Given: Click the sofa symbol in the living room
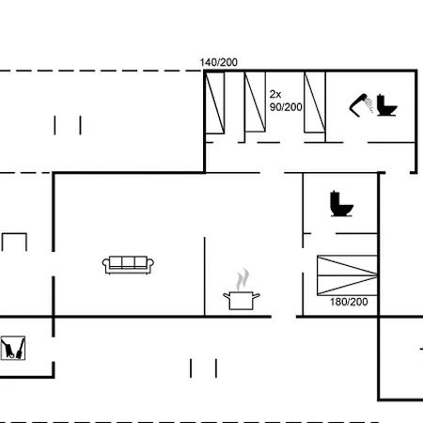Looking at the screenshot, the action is [128, 265].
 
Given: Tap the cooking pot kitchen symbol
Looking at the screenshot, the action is [242, 300].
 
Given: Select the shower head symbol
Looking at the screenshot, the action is [361, 105].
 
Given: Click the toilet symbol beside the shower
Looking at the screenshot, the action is [386, 105].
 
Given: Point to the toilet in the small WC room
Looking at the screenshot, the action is [341, 204].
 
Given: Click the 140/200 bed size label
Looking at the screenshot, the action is [218, 62].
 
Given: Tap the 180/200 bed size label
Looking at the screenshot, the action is [349, 302].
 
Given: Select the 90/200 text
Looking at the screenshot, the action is [286, 107].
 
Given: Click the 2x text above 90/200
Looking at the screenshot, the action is [275, 94].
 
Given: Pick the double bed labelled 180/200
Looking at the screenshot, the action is [347, 275].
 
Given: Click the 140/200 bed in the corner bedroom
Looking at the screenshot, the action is [215, 103].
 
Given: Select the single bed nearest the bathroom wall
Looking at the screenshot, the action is [315, 102].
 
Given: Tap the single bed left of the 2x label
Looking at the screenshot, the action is [255, 102].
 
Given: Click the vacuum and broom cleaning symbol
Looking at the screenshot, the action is [13, 348].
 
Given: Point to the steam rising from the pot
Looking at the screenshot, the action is [243, 279].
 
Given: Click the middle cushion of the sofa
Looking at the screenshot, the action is [128, 262].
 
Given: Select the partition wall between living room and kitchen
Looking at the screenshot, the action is [205, 276].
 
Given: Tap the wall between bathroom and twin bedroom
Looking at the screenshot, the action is [325, 107].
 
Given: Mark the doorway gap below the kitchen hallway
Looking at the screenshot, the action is [284, 317].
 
